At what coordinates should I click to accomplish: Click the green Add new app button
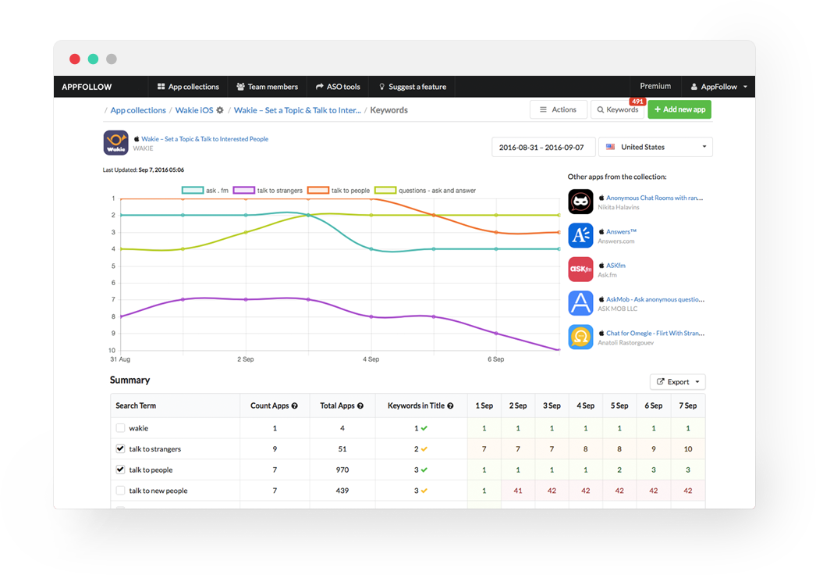click(x=679, y=110)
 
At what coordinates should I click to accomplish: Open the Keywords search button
click(x=617, y=110)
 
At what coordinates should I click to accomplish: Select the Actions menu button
click(x=558, y=110)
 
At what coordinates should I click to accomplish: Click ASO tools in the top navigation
click(x=338, y=87)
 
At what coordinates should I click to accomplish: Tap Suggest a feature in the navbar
click(x=412, y=87)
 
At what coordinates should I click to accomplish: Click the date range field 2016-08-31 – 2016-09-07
click(x=543, y=147)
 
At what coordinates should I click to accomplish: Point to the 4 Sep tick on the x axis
click(x=371, y=359)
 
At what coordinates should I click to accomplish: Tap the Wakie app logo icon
click(x=116, y=143)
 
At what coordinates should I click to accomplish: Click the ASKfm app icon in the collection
click(x=580, y=270)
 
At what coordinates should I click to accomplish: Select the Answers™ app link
click(x=621, y=231)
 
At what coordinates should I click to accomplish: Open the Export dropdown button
click(x=677, y=382)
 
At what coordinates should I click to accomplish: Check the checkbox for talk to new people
click(x=120, y=491)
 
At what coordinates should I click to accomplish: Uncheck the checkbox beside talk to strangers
click(x=120, y=449)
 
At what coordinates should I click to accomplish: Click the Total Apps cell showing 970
click(x=337, y=470)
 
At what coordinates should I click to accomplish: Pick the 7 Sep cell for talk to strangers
click(x=687, y=449)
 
